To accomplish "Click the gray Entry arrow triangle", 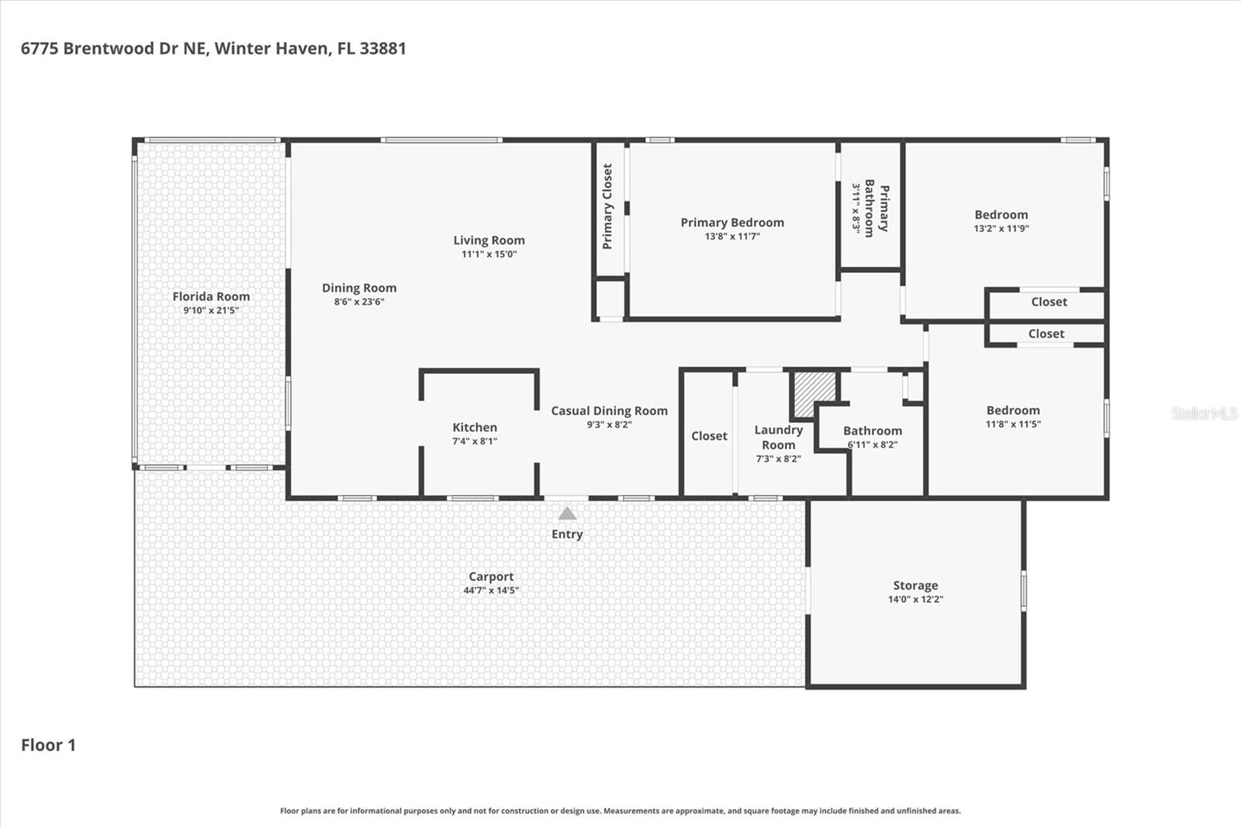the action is click(x=567, y=514).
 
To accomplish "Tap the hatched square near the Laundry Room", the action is click(x=815, y=394).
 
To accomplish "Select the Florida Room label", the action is click(x=211, y=296).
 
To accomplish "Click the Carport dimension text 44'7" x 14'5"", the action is click(x=492, y=590).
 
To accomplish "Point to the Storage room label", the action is click(x=915, y=585).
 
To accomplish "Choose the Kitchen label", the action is click(x=475, y=427).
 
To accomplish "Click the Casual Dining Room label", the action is click(x=610, y=410).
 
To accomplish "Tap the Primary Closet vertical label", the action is click(x=607, y=206).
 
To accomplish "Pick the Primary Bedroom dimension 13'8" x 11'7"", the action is click(x=732, y=237).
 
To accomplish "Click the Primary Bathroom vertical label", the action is click(x=876, y=209).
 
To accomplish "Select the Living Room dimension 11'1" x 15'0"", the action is click(x=489, y=254).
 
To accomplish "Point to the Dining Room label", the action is click(x=359, y=289).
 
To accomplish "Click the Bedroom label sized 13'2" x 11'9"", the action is click(x=1001, y=215).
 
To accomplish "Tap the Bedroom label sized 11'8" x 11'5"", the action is click(x=1013, y=410).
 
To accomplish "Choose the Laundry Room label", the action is click(x=779, y=438).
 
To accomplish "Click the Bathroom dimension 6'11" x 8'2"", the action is click(x=873, y=445).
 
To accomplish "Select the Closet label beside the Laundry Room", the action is click(x=709, y=436).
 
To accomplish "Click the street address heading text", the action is click(x=213, y=49).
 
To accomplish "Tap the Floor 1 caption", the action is click(x=48, y=745).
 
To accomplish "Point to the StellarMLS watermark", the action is click(x=1204, y=413).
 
